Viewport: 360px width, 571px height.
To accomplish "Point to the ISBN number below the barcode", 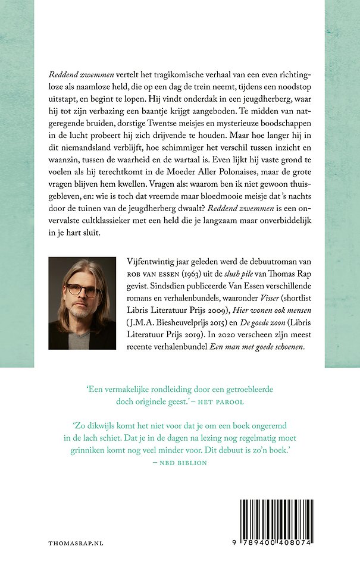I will point(277,544).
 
